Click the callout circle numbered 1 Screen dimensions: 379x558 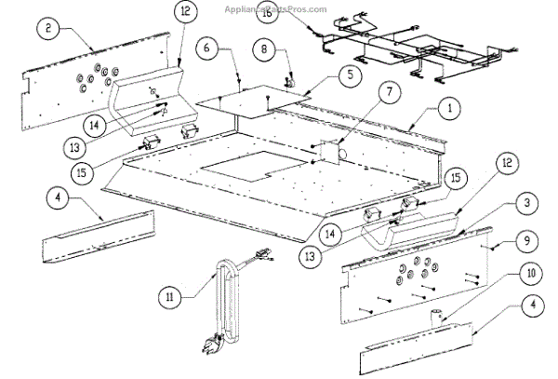pyautogui.click(x=449, y=109)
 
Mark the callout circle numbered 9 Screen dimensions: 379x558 pyautogui.click(x=527, y=240)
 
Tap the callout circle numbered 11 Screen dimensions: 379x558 pyautogui.click(x=168, y=298)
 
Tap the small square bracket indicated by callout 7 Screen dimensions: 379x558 pyautogui.click(x=326, y=152)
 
